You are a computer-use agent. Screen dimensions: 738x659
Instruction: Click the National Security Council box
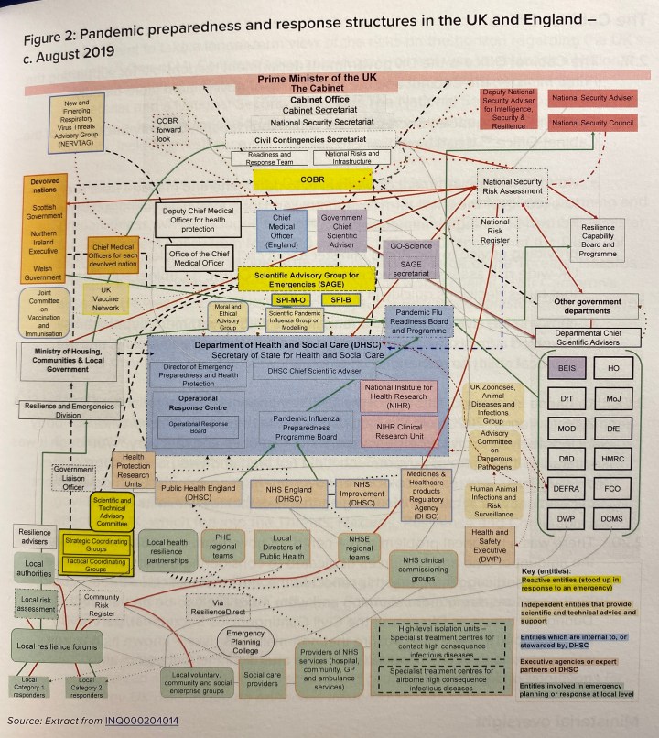[592, 122]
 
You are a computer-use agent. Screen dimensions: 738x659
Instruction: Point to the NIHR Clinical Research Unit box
[401, 429]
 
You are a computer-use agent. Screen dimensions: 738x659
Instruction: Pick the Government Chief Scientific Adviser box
[341, 231]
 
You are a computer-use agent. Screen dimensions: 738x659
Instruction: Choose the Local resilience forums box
[60, 646]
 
